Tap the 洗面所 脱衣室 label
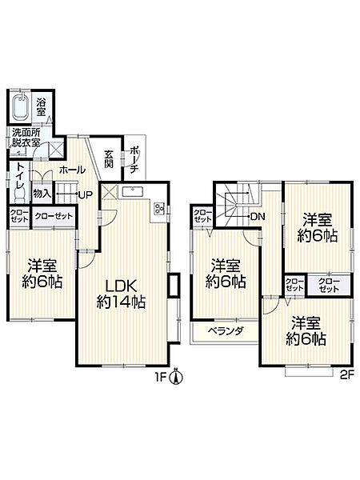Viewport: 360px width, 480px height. [26, 138]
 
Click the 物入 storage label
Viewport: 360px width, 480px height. [42, 194]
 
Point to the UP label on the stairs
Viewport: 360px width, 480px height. [86, 194]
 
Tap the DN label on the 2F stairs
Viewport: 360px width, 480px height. [258, 217]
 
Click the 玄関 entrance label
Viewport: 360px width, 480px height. [108, 158]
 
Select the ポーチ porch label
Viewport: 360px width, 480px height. [134, 160]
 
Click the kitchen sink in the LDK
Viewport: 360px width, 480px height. [133, 192]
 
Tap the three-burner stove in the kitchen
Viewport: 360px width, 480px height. [159, 209]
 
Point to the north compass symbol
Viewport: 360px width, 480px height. [176, 377]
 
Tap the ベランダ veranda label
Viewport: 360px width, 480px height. [226, 330]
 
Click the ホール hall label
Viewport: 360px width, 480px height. [72, 170]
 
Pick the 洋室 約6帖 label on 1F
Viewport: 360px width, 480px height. [42, 274]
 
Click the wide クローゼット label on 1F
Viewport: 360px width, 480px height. [54, 216]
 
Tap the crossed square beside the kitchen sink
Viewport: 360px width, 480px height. [110, 192]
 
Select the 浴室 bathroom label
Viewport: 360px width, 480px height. [41, 106]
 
